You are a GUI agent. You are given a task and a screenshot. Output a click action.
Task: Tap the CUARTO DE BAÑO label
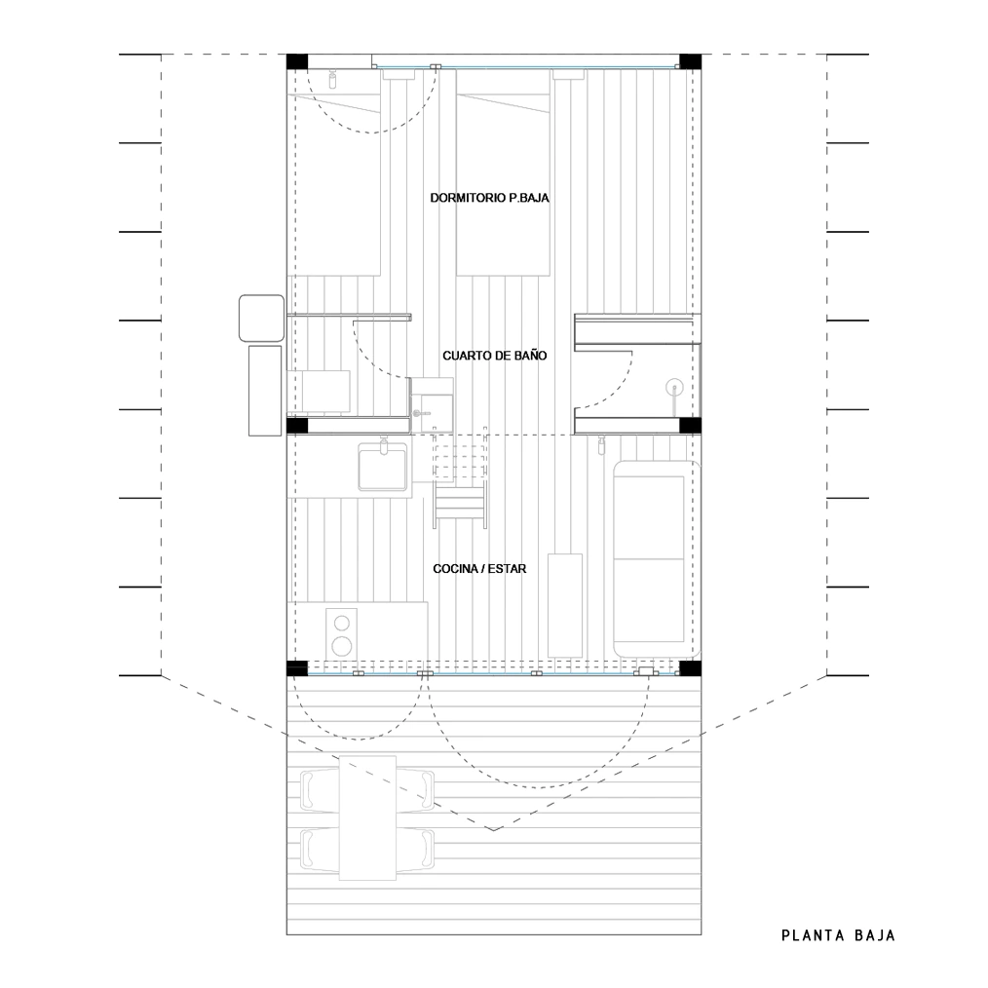[495, 356]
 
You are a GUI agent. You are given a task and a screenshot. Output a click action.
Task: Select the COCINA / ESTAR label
[479, 568]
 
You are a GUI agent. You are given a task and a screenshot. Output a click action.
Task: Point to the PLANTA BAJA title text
[838, 935]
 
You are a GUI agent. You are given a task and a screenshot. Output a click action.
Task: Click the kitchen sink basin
[383, 467]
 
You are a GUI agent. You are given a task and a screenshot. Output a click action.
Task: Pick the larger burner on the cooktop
[342, 645]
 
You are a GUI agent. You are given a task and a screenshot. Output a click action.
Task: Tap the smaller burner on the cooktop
[342, 624]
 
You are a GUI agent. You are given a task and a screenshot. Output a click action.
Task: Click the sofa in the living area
[657, 559]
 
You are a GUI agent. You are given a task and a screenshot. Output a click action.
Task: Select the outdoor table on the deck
[368, 817]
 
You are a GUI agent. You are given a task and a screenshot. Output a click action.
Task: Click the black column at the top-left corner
[297, 61]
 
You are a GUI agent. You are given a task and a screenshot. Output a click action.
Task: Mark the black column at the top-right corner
[690, 61]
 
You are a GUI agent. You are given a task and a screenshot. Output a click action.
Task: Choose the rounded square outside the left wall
[261, 319]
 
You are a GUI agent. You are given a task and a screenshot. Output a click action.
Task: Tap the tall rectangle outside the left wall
[265, 391]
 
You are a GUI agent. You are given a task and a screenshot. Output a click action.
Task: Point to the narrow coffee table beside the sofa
[565, 605]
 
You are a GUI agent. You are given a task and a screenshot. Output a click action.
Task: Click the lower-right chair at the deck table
[416, 849]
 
